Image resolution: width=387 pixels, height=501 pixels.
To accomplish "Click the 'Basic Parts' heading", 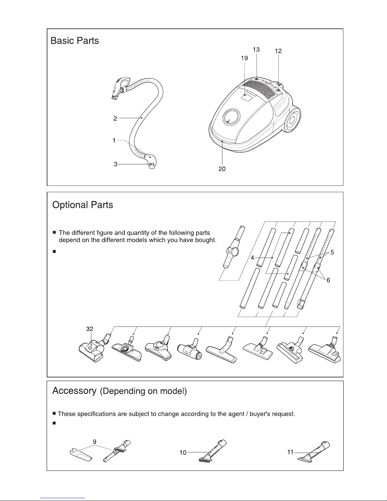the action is point(75,40).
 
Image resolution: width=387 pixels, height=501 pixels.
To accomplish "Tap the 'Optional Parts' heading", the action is point(82,205).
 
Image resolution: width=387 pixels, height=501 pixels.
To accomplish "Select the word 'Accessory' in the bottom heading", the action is point(74,391).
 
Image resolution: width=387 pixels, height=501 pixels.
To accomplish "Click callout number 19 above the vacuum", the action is point(245,58).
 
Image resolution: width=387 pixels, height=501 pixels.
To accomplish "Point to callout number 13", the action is point(256,50).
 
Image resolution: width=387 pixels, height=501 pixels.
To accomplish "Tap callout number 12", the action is point(278,51).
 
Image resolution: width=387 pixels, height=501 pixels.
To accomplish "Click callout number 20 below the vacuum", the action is point(222,169).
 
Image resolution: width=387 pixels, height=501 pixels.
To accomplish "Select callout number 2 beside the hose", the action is point(115,119).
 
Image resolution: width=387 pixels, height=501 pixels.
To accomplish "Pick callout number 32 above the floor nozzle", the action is point(90,329).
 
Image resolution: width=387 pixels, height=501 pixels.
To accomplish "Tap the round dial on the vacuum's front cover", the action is point(231,117).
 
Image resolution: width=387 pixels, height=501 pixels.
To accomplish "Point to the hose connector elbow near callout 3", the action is point(151,161).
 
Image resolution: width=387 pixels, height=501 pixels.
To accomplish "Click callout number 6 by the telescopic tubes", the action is point(328,280).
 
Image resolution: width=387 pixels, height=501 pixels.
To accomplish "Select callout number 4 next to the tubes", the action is point(252,258).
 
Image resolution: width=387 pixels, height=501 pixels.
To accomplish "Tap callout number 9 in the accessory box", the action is point(94,442).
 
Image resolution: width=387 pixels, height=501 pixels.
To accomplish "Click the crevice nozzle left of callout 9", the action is point(81,455).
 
